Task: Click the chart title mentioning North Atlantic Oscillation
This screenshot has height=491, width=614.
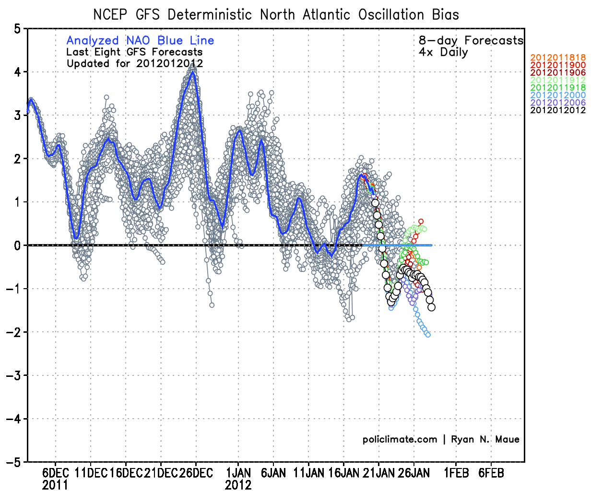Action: coord(276,15)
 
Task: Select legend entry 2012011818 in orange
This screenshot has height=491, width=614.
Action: coord(558,58)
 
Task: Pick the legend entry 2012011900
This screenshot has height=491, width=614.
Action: coord(558,65)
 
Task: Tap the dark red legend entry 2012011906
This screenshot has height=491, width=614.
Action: coord(558,72)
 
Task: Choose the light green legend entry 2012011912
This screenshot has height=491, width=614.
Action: coord(558,80)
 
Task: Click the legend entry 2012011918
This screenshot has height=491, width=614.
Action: coord(558,88)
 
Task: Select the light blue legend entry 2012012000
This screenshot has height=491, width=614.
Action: coord(558,95)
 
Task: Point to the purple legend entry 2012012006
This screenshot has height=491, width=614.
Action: coord(558,103)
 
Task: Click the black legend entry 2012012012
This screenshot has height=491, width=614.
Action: coord(558,110)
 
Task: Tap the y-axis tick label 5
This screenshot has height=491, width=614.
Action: coord(17,29)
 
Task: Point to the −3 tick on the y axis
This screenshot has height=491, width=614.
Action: coord(14,375)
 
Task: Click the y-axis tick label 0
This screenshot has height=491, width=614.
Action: coord(17,245)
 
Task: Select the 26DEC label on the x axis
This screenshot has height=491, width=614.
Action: coord(196,473)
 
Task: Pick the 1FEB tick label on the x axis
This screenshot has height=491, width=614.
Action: coord(456,473)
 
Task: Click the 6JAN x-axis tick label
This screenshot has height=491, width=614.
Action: coord(273,473)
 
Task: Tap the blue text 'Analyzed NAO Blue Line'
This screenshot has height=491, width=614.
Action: coord(140,41)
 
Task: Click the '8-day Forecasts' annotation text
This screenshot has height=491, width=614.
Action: coord(471,41)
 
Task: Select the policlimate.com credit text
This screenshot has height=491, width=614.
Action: coord(400,439)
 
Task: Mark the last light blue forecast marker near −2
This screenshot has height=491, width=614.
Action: coord(428,335)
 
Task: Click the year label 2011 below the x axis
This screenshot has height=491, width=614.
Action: coord(55,485)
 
